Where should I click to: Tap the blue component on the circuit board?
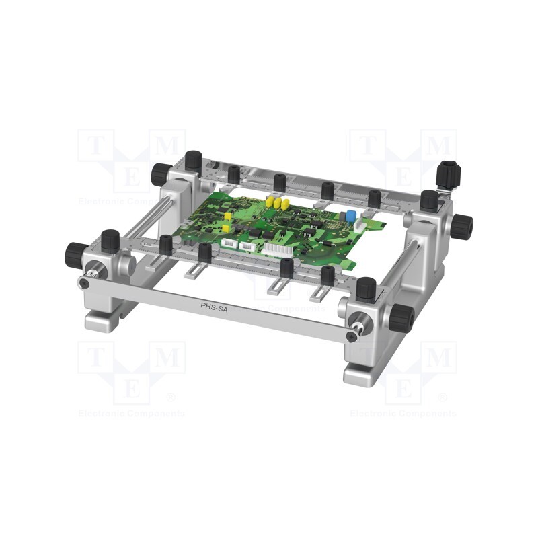click(x=350, y=216)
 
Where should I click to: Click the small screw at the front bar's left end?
click(x=83, y=284)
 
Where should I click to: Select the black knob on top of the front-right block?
click(x=366, y=289)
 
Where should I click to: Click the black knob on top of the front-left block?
click(x=110, y=239)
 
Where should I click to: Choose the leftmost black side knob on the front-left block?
click(x=75, y=254)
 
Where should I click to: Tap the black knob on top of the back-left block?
click(x=194, y=160)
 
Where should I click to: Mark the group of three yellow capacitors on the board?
click(x=276, y=201)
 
